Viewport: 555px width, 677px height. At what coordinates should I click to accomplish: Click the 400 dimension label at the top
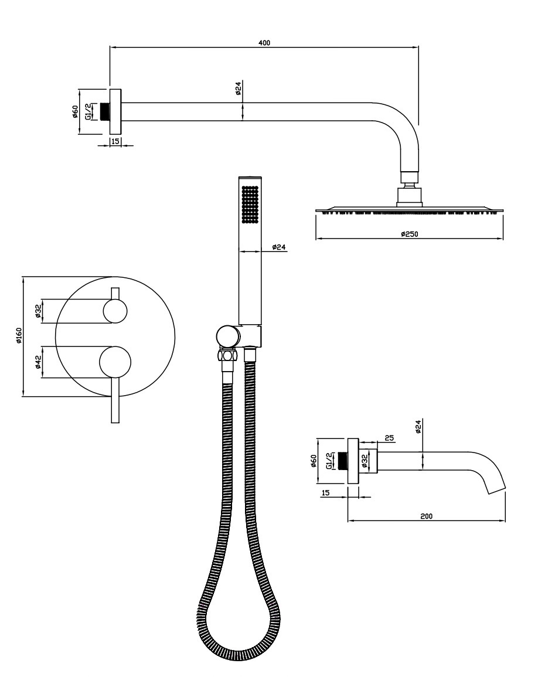[264, 42]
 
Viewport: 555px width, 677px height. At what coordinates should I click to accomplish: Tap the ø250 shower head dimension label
[409, 234]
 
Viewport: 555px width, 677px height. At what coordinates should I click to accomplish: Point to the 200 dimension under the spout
[426, 516]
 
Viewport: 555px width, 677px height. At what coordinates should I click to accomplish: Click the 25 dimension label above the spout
[389, 438]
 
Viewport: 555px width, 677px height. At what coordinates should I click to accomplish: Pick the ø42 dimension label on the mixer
[38, 362]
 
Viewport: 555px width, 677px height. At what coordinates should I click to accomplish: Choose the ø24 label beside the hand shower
[279, 247]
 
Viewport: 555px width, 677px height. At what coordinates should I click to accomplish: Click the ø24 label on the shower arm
[238, 88]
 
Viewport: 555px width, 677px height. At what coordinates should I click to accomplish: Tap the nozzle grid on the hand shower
[250, 205]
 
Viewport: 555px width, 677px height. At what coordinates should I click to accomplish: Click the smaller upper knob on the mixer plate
[115, 311]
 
